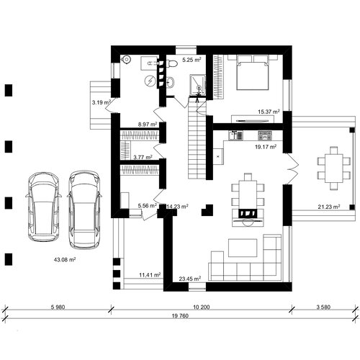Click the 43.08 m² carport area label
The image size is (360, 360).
65,259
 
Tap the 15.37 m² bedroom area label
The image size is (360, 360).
269,112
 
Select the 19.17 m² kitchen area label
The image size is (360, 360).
266,147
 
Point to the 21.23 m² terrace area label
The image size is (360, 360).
329,207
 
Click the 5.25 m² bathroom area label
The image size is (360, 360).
192,60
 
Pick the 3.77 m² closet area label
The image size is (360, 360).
143,157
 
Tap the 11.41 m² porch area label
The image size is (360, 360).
150,275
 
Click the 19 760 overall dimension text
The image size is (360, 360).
180,316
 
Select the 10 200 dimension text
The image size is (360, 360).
202,307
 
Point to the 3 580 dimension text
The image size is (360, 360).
323,307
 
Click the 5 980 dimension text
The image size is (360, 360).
58,307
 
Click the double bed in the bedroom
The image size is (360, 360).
253,73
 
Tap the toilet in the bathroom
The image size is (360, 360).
171,63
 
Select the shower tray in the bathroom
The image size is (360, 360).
198,85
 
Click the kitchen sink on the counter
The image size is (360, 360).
235,135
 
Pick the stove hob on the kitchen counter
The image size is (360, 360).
265,135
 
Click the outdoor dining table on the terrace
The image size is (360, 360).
334,168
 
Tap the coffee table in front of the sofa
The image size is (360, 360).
243,248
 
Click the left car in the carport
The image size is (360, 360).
43,207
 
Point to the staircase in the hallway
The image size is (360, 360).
197,140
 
